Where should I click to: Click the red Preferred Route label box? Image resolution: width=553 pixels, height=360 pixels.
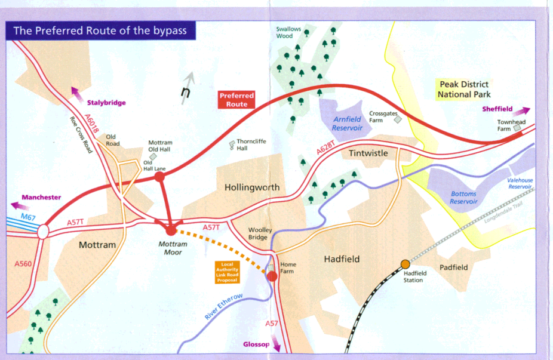[236, 100]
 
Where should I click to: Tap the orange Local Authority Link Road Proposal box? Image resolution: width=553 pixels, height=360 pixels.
[228, 272]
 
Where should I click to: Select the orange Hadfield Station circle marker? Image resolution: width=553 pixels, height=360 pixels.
[405, 264]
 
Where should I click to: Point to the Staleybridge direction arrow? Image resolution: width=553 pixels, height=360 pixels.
[76, 91]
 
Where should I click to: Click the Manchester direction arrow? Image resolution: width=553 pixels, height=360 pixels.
[16, 205]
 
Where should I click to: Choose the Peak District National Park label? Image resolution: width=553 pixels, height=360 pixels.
[463, 90]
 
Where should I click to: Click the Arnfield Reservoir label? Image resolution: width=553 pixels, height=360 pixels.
[347, 124]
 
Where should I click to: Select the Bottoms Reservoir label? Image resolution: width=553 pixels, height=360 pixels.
[464, 198]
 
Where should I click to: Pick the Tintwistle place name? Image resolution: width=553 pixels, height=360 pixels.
[368, 153]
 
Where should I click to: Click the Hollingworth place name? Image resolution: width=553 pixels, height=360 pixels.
[252, 187]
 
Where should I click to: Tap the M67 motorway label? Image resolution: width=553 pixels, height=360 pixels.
[27, 216]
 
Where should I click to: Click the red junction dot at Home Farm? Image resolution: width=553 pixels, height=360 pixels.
[272, 276]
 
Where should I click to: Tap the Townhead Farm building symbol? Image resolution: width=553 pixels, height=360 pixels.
[517, 127]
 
